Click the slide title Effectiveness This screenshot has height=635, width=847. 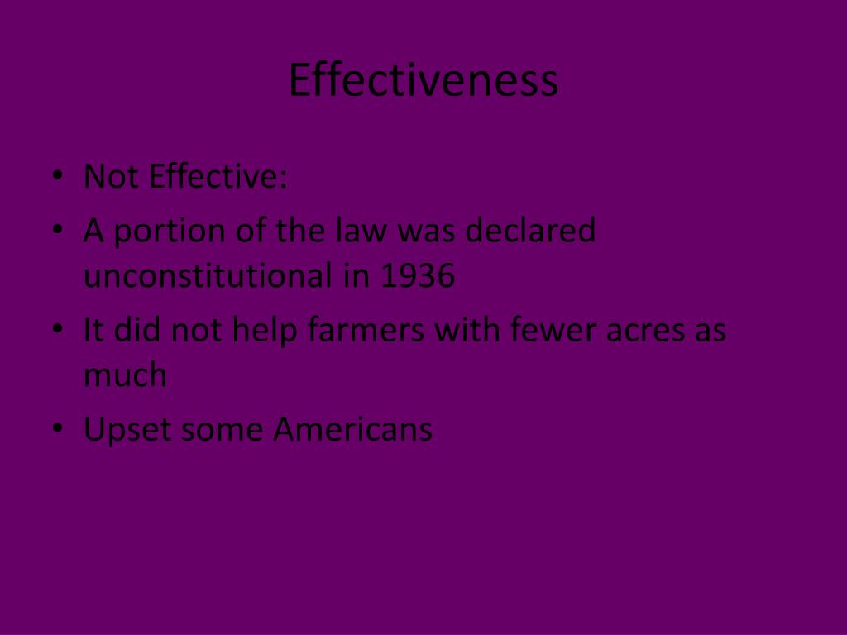[423, 81]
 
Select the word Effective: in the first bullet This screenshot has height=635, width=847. [218, 176]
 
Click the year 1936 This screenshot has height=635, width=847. [418, 277]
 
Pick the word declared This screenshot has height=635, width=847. [529, 230]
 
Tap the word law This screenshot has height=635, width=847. [362, 230]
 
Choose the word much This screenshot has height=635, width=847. [125, 375]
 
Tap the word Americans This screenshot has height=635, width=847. [353, 429]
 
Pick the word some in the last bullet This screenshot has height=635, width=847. [223, 430]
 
